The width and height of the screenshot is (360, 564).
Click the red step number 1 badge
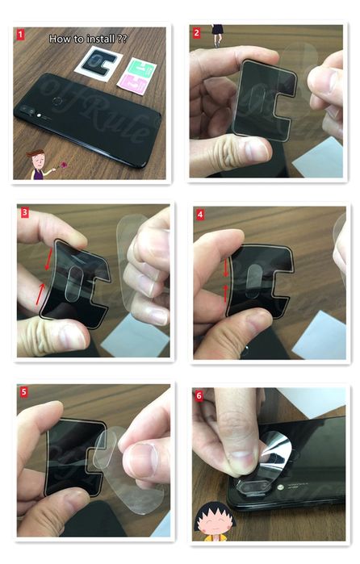(20, 36)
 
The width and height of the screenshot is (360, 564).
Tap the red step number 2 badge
(197, 33)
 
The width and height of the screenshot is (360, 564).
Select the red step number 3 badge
(25, 213)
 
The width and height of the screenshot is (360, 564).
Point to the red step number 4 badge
(200, 215)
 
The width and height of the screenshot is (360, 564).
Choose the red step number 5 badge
(24, 391)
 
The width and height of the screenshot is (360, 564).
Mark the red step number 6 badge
(199, 395)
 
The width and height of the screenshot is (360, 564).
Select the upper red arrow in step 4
(224, 258)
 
